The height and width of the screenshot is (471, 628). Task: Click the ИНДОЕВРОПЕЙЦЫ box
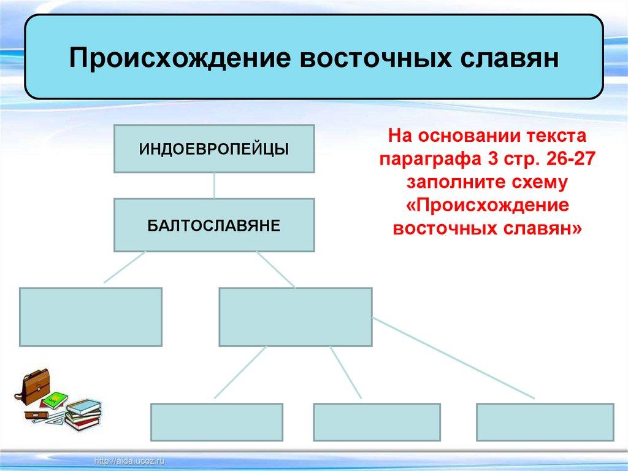(x=214, y=149)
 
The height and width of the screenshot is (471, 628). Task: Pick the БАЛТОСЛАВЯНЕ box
(x=214, y=225)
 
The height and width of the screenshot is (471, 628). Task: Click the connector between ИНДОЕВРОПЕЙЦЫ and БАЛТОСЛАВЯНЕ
(x=214, y=185)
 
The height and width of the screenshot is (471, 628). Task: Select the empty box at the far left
(x=91, y=317)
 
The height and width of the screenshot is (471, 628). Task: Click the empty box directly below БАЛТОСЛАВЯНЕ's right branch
(x=296, y=317)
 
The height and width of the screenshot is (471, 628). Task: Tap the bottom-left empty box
(x=216, y=422)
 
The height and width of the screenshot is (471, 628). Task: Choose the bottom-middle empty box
(x=377, y=422)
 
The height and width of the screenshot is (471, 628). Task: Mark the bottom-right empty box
(x=545, y=422)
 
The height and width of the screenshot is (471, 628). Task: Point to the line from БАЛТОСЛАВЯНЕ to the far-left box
(x=124, y=267)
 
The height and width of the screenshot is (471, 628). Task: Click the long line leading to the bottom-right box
(x=454, y=357)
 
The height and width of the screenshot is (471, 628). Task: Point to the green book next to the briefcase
(x=54, y=399)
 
